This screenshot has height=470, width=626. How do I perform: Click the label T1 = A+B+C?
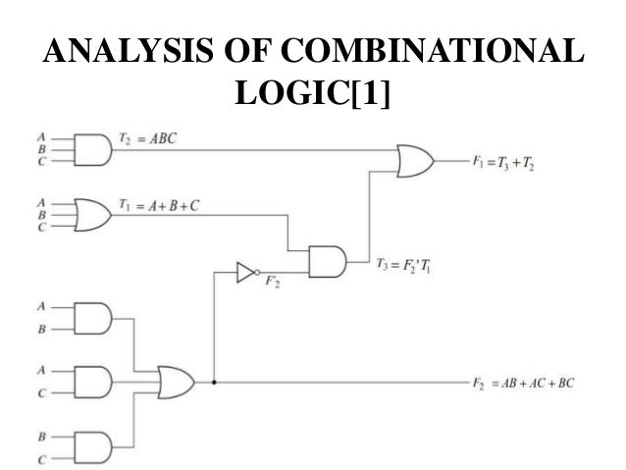162,205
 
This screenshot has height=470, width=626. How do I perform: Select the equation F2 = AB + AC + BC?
521,381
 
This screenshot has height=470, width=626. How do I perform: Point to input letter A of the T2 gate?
40,137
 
